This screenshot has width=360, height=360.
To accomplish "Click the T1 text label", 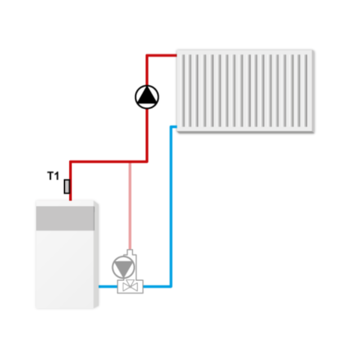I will pyautogui.click(x=53, y=176).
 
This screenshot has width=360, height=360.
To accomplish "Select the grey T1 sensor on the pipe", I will pyautogui.click(x=67, y=186).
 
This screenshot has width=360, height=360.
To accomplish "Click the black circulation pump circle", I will pyautogui.click(x=147, y=96).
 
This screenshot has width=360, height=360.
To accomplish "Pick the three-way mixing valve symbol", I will pyautogui.click(x=130, y=286).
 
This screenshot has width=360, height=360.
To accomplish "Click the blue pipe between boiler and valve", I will pyautogui.click(x=108, y=286).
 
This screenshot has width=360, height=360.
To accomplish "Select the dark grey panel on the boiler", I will pyautogui.click(x=65, y=218).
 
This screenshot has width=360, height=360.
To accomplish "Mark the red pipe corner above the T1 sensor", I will pyautogui.click(x=71, y=162).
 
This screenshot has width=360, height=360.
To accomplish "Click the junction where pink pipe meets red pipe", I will pyautogui.click(x=130, y=162).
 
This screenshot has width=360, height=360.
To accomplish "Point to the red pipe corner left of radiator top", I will pyautogui.click(x=147, y=56).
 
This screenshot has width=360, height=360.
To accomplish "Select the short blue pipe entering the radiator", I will pyautogui.click(x=174, y=127).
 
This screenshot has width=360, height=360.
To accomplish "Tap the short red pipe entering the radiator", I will pyautogui.click(x=162, y=56).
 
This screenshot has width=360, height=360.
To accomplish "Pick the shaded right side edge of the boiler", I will pyautogui.click(x=96, y=256).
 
